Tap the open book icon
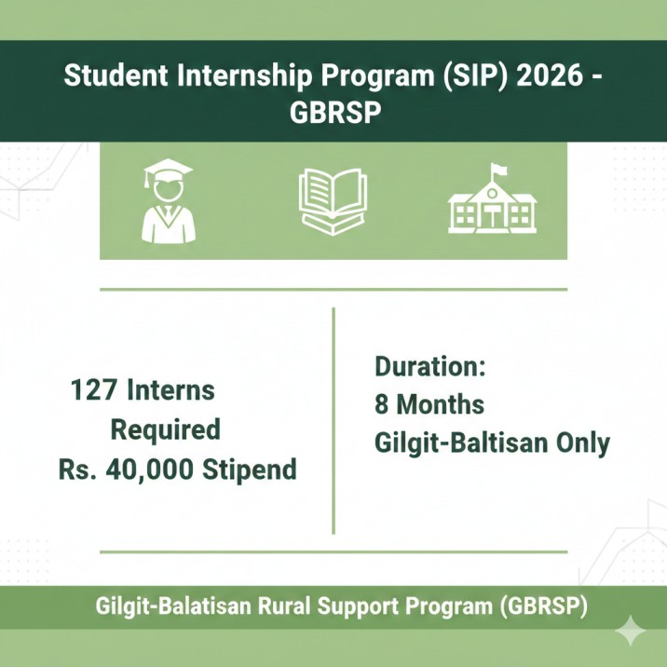[333, 199]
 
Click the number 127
[94, 389]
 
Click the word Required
[166, 429]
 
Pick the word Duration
[430, 365]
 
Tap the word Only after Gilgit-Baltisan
[580, 443]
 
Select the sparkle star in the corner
[634, 632]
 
